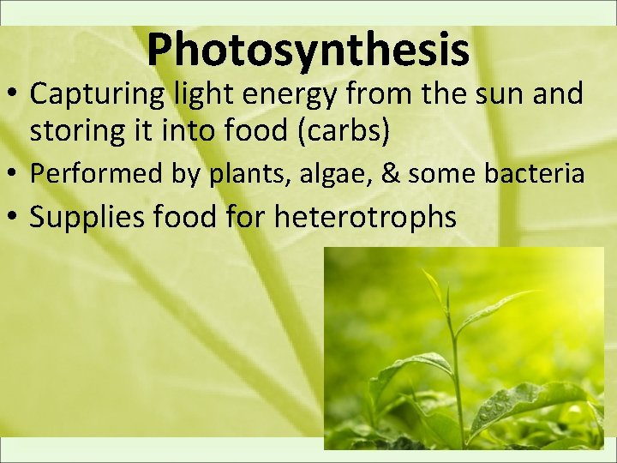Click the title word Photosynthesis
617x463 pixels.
click(x=308, y=49)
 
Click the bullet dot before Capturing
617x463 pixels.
click(x=15, y=94)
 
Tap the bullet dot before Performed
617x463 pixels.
click(x=15, y=175)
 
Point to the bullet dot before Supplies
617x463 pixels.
click(x=15, y=218)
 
